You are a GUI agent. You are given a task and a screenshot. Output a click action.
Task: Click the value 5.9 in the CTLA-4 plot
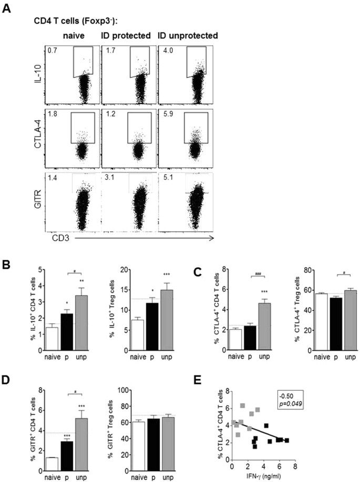166,114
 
